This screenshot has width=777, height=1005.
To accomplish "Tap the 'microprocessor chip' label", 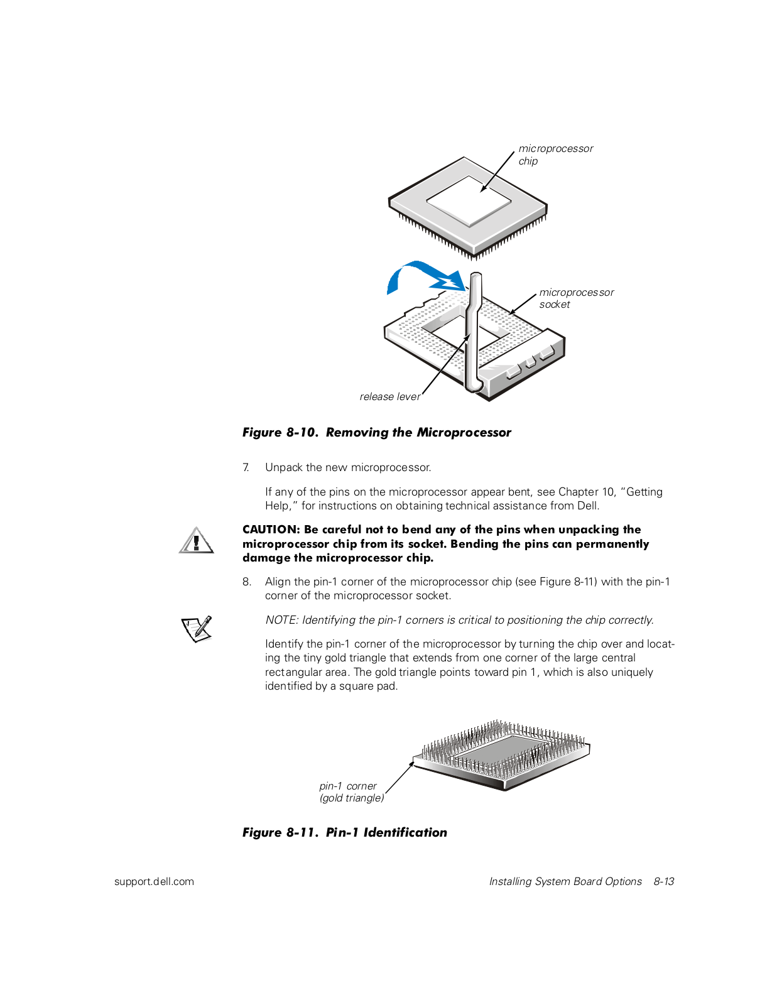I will point(555,155).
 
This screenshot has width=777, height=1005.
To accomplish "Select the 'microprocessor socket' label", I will point(576,298).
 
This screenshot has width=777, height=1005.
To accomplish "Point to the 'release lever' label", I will point(389,396).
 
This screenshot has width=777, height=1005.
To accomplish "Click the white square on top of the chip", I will point(469,199).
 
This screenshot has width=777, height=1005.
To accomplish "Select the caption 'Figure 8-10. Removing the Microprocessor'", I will point(377,432).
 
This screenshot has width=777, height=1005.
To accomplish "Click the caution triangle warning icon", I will point(196,541).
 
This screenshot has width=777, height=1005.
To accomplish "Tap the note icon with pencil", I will point(197,628).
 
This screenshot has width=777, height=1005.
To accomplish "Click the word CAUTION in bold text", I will point(269,530).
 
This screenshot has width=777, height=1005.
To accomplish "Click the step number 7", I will point(246,467).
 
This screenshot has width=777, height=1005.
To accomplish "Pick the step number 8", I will point(246,582).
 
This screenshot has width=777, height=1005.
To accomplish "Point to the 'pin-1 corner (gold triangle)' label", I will point(350,792).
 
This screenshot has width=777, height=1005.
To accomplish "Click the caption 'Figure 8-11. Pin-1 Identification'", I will point(345,832).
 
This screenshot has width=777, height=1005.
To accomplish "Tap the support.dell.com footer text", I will point(154,881).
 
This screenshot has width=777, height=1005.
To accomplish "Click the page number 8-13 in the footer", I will point(663,881).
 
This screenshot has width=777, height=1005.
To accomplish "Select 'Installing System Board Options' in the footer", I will point(565,881).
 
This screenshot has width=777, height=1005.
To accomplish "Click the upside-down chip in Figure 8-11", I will point(503,754).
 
